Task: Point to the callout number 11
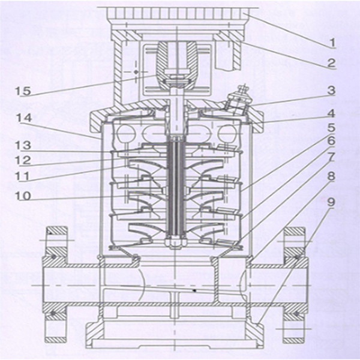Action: (x=23, y=178)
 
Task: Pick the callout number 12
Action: (x=23, y=161)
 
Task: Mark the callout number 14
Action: (x=23, y=119)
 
